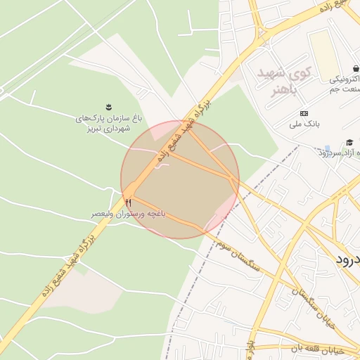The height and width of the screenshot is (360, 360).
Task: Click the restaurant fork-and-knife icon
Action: (128, 202)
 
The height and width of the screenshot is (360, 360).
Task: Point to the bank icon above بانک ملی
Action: (304, 113)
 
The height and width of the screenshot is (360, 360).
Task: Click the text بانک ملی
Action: (304, 124)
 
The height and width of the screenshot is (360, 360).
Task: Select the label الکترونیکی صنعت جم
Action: (345, 85)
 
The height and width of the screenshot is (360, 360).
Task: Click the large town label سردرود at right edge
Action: (347, 259)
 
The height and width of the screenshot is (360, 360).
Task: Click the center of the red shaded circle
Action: (180, 179)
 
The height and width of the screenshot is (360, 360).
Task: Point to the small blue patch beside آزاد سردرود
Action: (327, 149)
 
